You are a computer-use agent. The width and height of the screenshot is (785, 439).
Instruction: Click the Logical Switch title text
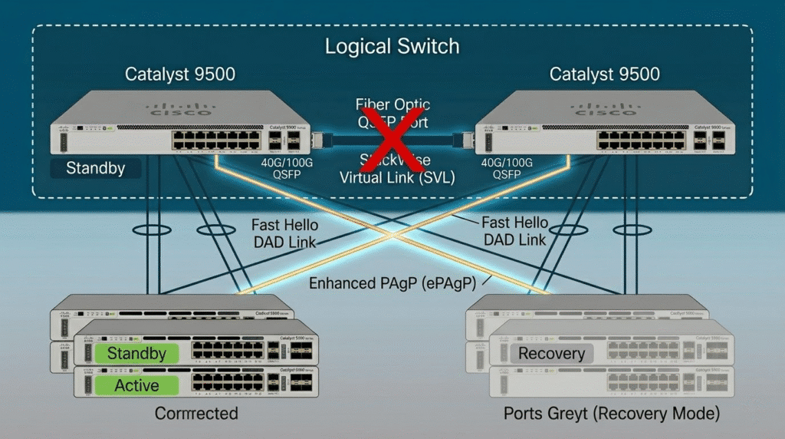(392, 46)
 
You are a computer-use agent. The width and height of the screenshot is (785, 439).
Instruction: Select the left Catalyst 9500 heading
(180, 74)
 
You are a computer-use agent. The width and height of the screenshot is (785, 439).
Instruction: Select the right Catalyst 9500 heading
(604, 74)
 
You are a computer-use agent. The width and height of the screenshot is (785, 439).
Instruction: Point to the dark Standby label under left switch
(95, 168)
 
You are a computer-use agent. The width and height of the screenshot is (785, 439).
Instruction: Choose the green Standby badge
(136, 354)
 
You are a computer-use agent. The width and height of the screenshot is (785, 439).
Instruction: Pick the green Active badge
(136, 385)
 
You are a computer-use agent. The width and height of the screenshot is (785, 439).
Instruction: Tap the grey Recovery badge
(551, 354)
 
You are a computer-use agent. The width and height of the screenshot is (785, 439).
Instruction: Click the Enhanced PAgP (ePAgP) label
(392, 283)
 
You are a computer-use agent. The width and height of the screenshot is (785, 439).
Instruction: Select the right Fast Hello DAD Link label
(514, 230)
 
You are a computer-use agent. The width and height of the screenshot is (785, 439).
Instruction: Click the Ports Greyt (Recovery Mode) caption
(611, 414)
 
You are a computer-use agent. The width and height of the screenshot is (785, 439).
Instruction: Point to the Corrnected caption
(196, 414)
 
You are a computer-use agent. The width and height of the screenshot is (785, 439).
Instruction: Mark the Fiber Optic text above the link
(392, 104)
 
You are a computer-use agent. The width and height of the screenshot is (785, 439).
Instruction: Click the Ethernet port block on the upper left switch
(216, 139)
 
